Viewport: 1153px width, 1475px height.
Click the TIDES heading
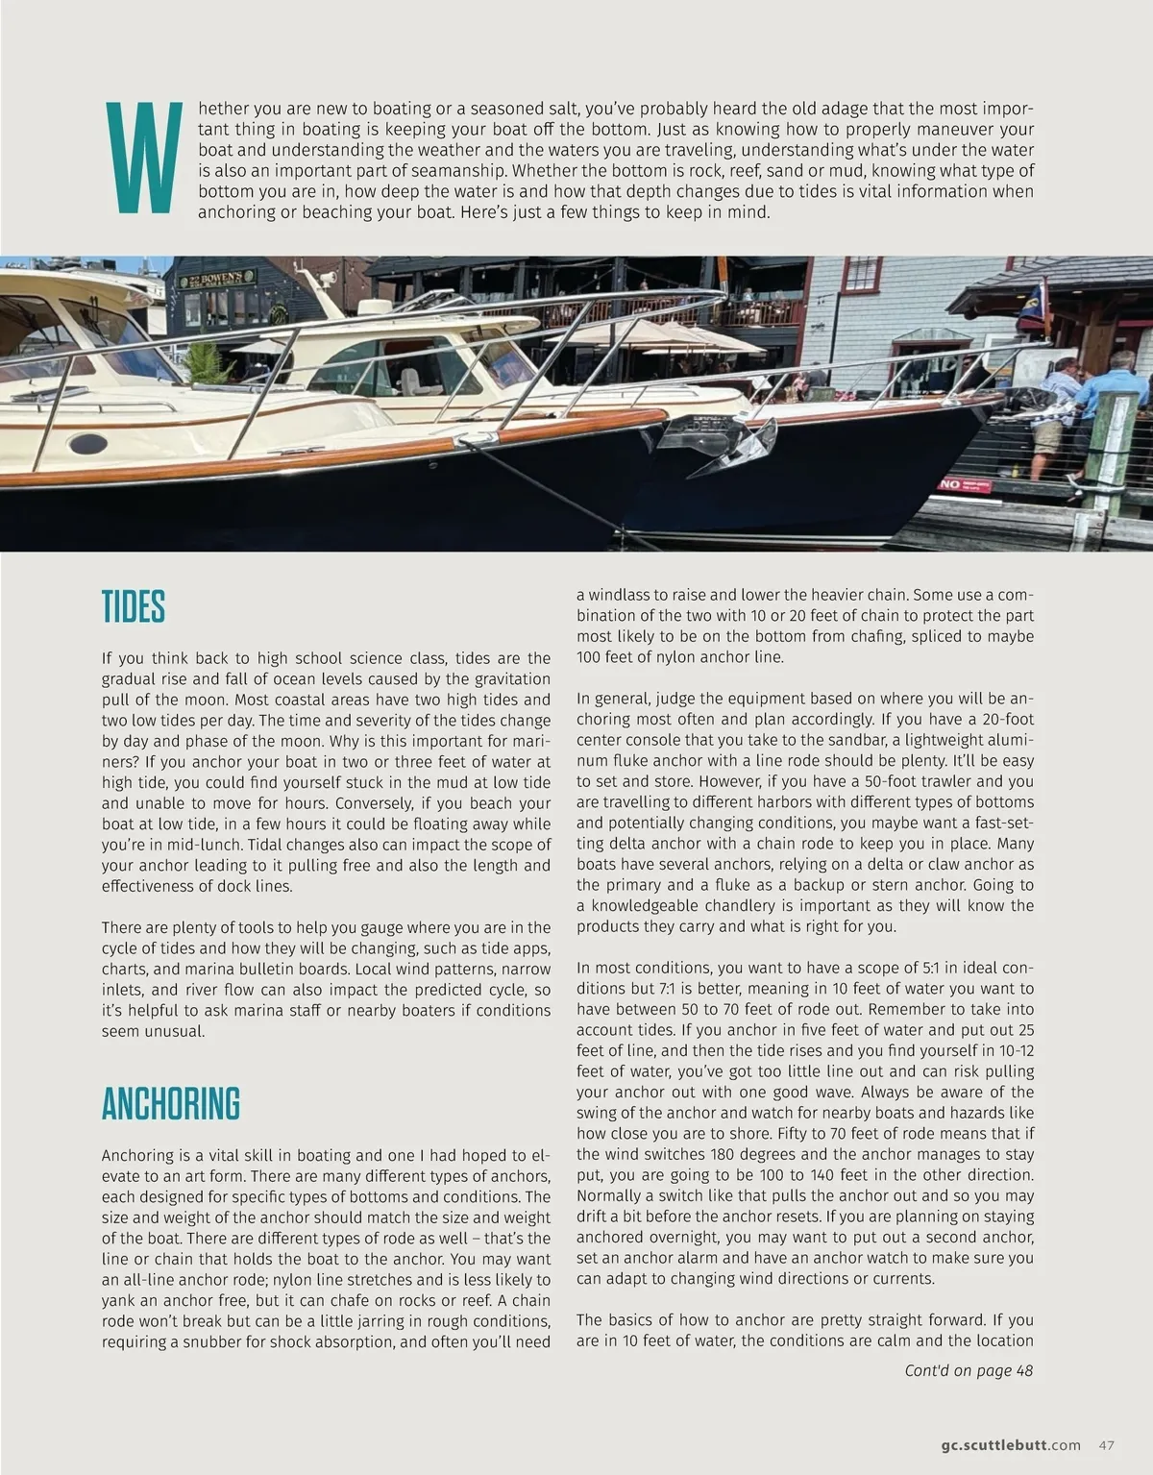[134, 607]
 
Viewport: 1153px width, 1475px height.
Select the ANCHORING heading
[171, 1104]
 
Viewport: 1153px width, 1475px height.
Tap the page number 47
[1106, 1418]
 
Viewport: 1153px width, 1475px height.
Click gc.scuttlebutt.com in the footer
[1011, 1418]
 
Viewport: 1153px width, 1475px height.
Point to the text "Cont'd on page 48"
[969, 1370]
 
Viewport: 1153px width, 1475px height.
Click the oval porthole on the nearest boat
[87, 444]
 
